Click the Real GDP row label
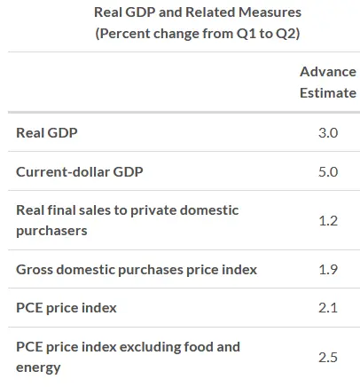point(47,132)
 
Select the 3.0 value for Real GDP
point(328,132)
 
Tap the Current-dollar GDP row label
point(80,171)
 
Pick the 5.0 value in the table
point(328,171)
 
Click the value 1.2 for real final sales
point(328,221)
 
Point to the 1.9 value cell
point(328,269)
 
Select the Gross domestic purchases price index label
point(137,270)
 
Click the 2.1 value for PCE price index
point(328,308)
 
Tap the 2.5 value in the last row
point(328,357)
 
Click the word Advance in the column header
point(328,72)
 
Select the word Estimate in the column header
point(328,93)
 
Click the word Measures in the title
point(270,12)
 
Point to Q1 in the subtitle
point(247,34)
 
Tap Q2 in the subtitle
point(286,34)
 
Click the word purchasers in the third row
point(51,232)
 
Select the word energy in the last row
point(38,368)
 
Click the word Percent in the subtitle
point(125,34)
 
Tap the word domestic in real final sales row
point(209,210)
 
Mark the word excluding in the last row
point(150,347)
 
